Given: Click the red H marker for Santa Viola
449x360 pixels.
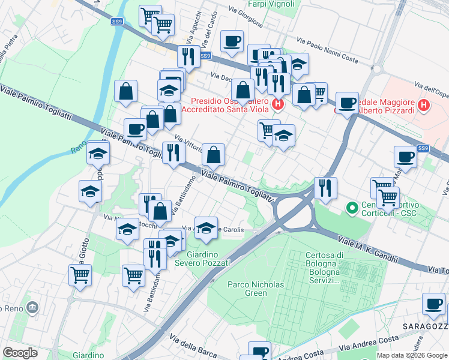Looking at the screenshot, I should (277, 105).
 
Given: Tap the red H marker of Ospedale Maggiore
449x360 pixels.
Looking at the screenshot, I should (424, 106).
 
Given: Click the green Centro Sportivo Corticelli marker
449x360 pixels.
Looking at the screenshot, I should (352, 208).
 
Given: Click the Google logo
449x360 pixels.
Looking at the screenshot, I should (20, 353).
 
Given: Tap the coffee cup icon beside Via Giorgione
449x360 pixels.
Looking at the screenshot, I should (232, 41).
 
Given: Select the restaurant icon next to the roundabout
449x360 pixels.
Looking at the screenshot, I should (325, 187).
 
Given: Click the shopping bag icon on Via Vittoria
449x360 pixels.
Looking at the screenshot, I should (213, 154).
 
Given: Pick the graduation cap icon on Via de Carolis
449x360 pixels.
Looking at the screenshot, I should (206, 227).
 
